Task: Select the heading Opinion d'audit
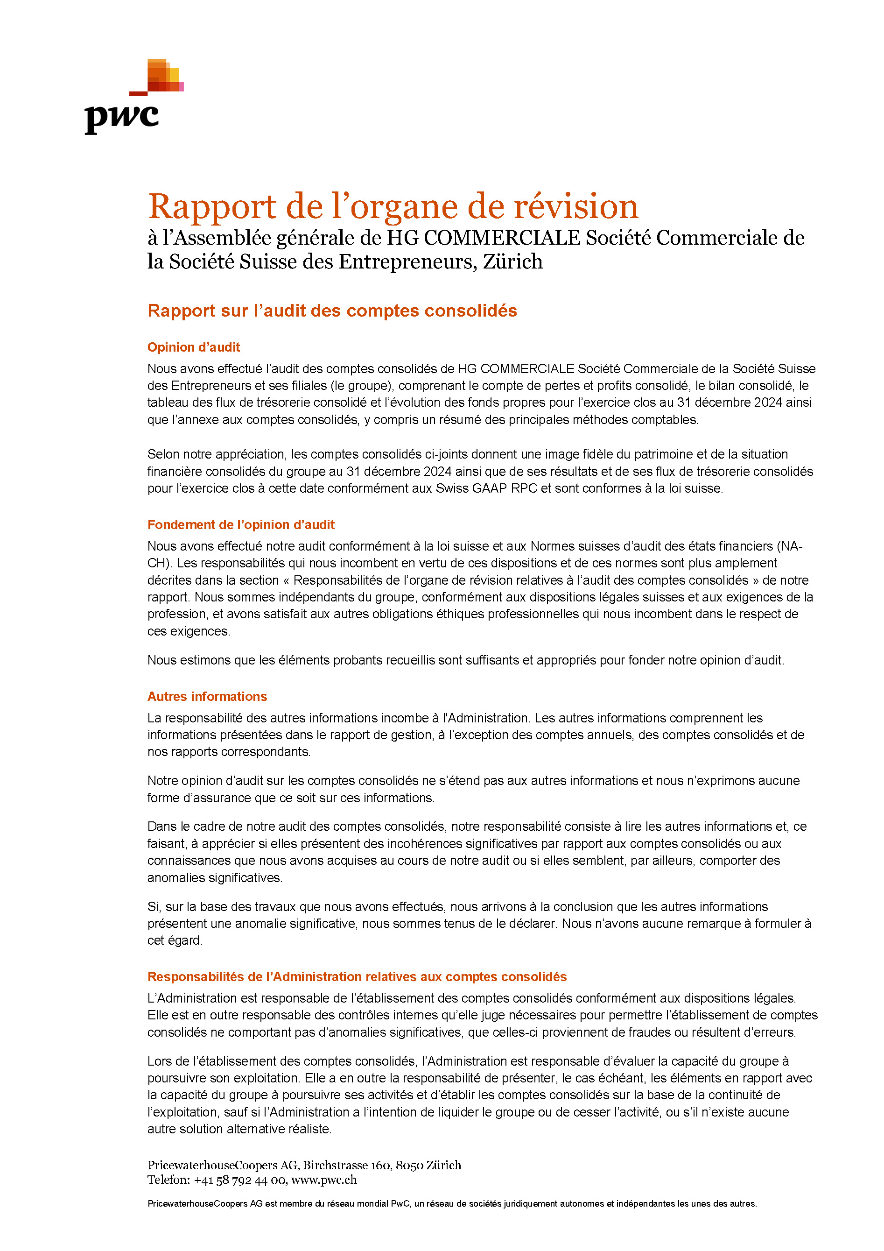click(193, 347)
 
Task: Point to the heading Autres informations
click(207, 696)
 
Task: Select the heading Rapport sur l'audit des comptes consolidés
click(332, 311)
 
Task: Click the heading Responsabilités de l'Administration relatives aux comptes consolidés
click(357, 976)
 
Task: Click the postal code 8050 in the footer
click(409, 1165)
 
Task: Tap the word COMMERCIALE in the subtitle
click(502, 238)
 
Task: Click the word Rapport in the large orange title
click(212, 206)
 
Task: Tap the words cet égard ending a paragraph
click(174, 940)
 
